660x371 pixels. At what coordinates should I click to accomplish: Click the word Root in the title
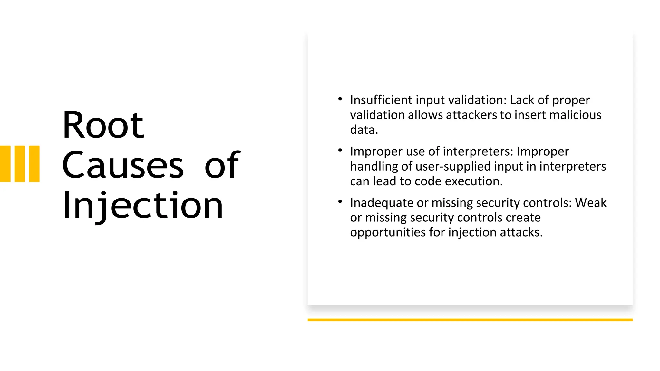tap(103, 125)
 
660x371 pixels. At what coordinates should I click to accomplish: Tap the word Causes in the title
tap(123, 165)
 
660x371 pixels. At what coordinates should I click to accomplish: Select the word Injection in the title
tap(143, 205)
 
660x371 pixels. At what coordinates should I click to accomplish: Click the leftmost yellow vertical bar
tap(5, 164)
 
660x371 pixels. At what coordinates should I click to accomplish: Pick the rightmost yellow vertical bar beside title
tap(34, 164)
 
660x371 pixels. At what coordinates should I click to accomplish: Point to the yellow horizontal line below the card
tap(470, 320)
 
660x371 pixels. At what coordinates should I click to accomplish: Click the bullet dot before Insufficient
tap(340, 99)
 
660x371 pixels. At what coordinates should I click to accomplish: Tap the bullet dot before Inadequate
tap(340, 202)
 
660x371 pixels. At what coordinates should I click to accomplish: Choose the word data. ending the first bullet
tap(364, 130)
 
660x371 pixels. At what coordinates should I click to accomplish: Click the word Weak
tap(591, 203)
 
